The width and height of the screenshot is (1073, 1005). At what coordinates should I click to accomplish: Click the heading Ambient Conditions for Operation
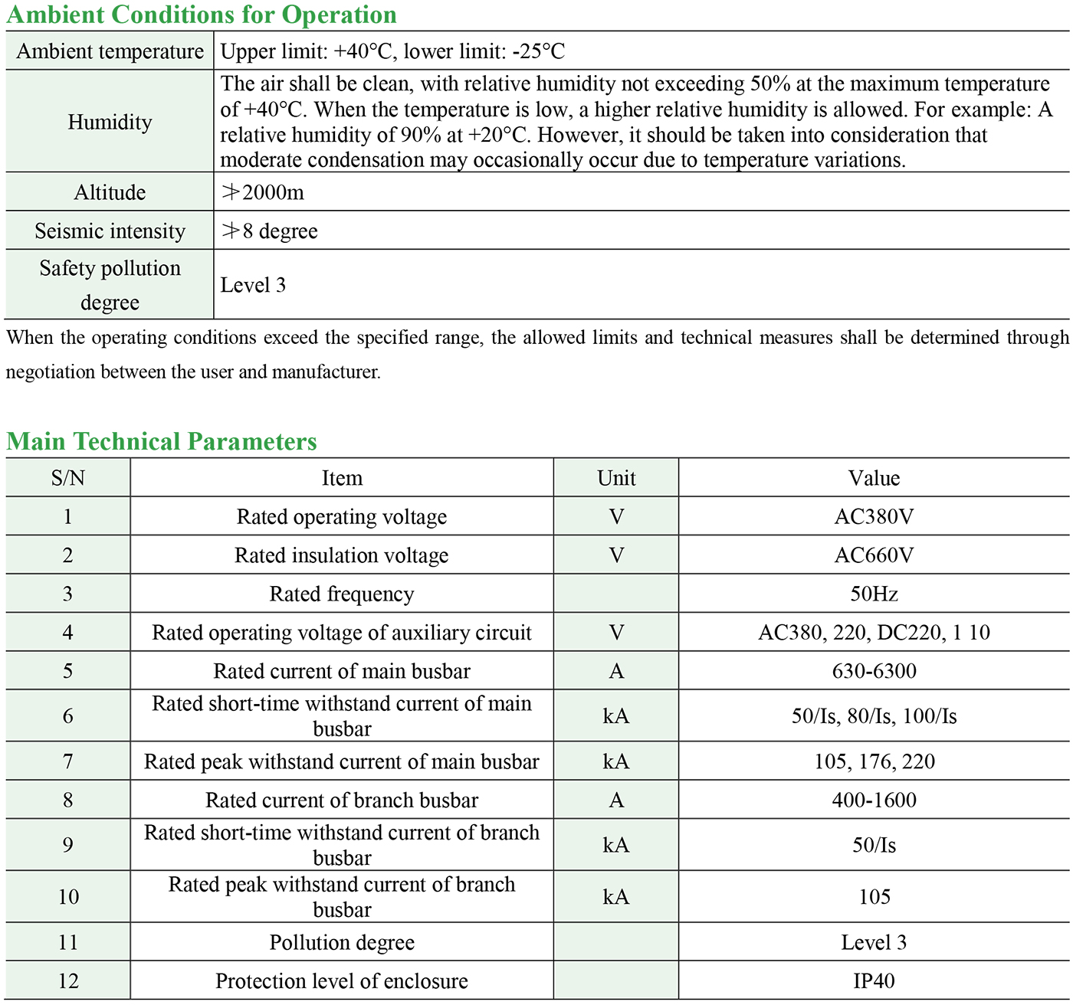pyautogui.click(x=202, y=15)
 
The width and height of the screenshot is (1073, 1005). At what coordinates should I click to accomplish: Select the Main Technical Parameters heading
pyautogui.click(x=162, y=441)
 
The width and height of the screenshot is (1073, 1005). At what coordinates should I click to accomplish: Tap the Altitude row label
pyautogui.click(x=110, y=192)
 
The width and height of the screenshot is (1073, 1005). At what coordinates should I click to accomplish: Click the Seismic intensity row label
pyautogui.click(x=110, y=231)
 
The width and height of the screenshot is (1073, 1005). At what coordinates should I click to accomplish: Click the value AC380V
pyautogui.click(x=874, y=517)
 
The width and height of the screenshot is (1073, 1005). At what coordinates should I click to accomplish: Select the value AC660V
pyautogui.click(x=874, y=555)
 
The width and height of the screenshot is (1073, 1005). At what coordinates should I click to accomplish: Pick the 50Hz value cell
pyautogui.click(x=874, y=594)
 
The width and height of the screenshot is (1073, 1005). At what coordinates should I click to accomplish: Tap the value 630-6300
pyautogui.click(x=874, y=672)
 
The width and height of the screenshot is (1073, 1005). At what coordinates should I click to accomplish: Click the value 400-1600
pyautogui.click(x=874, y=800)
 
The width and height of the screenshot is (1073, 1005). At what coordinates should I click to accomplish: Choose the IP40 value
pyautogui.click(x=874, y=981)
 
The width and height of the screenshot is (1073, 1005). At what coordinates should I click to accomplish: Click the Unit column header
pyautogui.click(x=616, y=479)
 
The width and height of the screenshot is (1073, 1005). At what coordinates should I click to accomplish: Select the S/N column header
pyautogui.click(x=68, y=479)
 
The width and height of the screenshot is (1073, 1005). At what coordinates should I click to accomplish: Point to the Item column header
pyautogui.click(x=342, y=479)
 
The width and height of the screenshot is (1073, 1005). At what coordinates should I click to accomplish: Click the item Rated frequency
pyautogui.click(x=342, y=594)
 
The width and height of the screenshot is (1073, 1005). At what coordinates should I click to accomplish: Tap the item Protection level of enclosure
pyautogui.click(x=342, y=981)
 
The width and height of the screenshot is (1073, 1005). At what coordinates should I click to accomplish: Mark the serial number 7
pyautogui.click(x=68, y=762)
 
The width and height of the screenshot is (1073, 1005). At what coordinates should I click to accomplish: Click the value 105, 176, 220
pyautogui.click(x=874, y=762)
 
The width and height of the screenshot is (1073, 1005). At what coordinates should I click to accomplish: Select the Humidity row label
pyautogui.click(x=110, y=123)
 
